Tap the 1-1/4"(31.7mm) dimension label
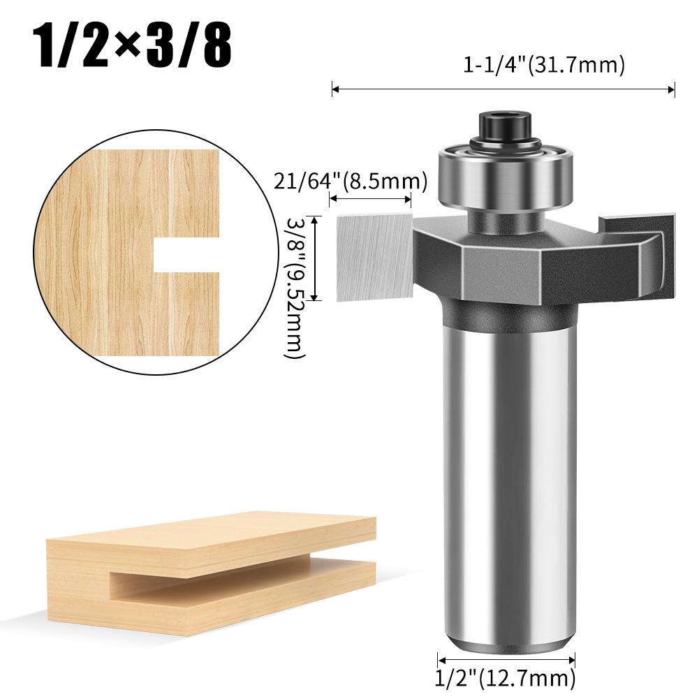543,65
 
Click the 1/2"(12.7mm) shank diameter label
506,677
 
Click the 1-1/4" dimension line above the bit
503,89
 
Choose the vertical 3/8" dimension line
316,258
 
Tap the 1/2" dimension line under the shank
506,659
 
